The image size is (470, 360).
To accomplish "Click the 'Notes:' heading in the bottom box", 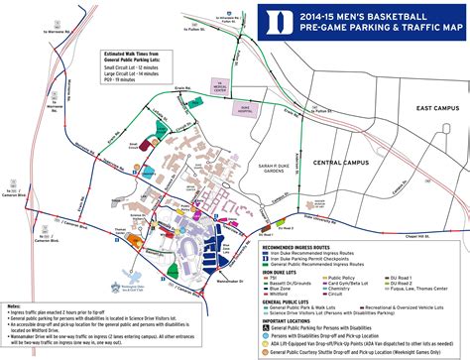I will [12, 305].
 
